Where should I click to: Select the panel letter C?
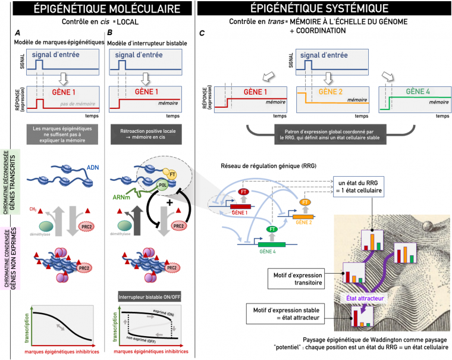pos(202,33)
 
